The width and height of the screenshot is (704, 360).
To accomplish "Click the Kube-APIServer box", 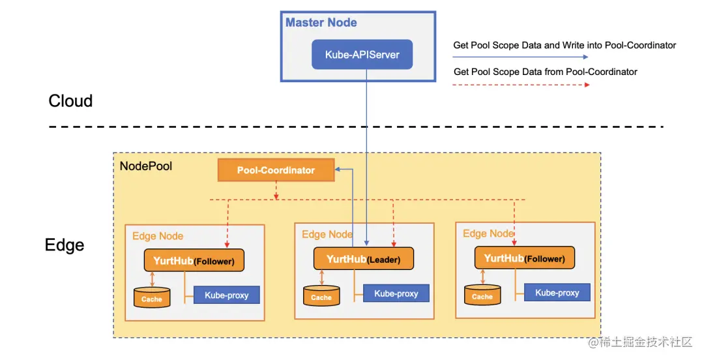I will pos(362,55).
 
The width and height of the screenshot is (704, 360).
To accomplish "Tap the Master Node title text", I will pos(321,23).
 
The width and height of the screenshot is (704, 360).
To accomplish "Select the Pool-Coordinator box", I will pos(276,170).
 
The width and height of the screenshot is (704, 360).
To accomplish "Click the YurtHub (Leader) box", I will pos(364,259).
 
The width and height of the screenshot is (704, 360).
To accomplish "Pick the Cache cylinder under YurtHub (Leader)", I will pos(321,296).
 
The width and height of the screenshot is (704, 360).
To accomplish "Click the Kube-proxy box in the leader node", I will pos(396,293).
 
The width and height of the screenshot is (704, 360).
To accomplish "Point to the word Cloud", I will pos(70,101).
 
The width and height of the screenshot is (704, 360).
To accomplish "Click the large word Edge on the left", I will pos(65,245).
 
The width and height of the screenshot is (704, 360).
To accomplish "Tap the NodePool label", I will pos(146,166).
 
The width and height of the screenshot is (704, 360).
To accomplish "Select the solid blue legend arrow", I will pos(521,57).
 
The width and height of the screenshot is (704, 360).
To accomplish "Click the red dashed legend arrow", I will pos(521,84).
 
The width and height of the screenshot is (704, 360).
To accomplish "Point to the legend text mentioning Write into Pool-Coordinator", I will pos(565,46).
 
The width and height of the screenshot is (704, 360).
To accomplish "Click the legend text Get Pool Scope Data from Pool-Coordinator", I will pos(545,72).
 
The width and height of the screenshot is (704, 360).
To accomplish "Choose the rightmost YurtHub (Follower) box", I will pos(525,258).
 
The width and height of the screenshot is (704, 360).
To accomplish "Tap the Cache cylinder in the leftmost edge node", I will pos(152,298).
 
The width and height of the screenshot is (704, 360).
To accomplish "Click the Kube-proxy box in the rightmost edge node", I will pos(557,293).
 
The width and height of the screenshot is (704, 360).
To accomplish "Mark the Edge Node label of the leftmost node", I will pos(158,236).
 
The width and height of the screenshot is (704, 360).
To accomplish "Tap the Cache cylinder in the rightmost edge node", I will pos(482,295).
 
